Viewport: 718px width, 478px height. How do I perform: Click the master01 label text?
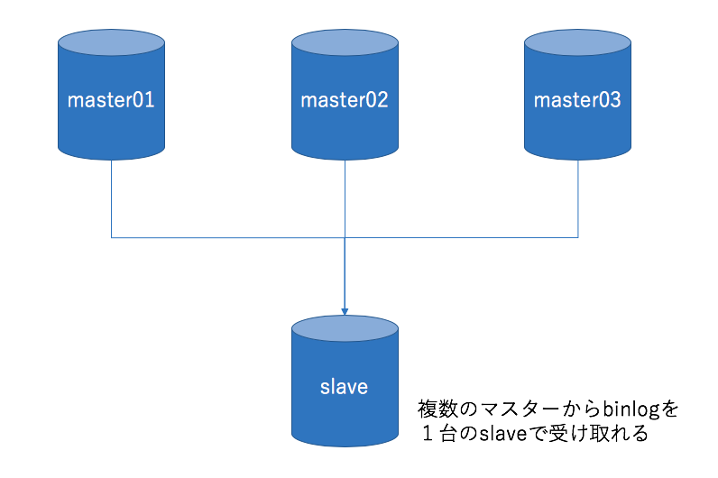point(111,100)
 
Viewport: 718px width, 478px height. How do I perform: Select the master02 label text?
point(345,100)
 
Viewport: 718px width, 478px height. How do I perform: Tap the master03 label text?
point(577,100)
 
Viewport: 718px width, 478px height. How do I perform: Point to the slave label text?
point(345,388)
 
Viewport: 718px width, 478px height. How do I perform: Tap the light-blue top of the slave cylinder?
point(345,328)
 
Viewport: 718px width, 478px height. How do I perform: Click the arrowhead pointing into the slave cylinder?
point(345,309)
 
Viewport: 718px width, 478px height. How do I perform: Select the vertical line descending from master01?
point(111,198)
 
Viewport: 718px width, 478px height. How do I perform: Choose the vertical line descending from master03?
point(577,198)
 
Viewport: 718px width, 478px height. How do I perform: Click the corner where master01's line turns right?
point(111,238)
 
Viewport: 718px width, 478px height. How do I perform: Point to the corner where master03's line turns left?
point(577,238)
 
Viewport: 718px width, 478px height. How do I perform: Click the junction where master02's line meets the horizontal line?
point(345,238)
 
